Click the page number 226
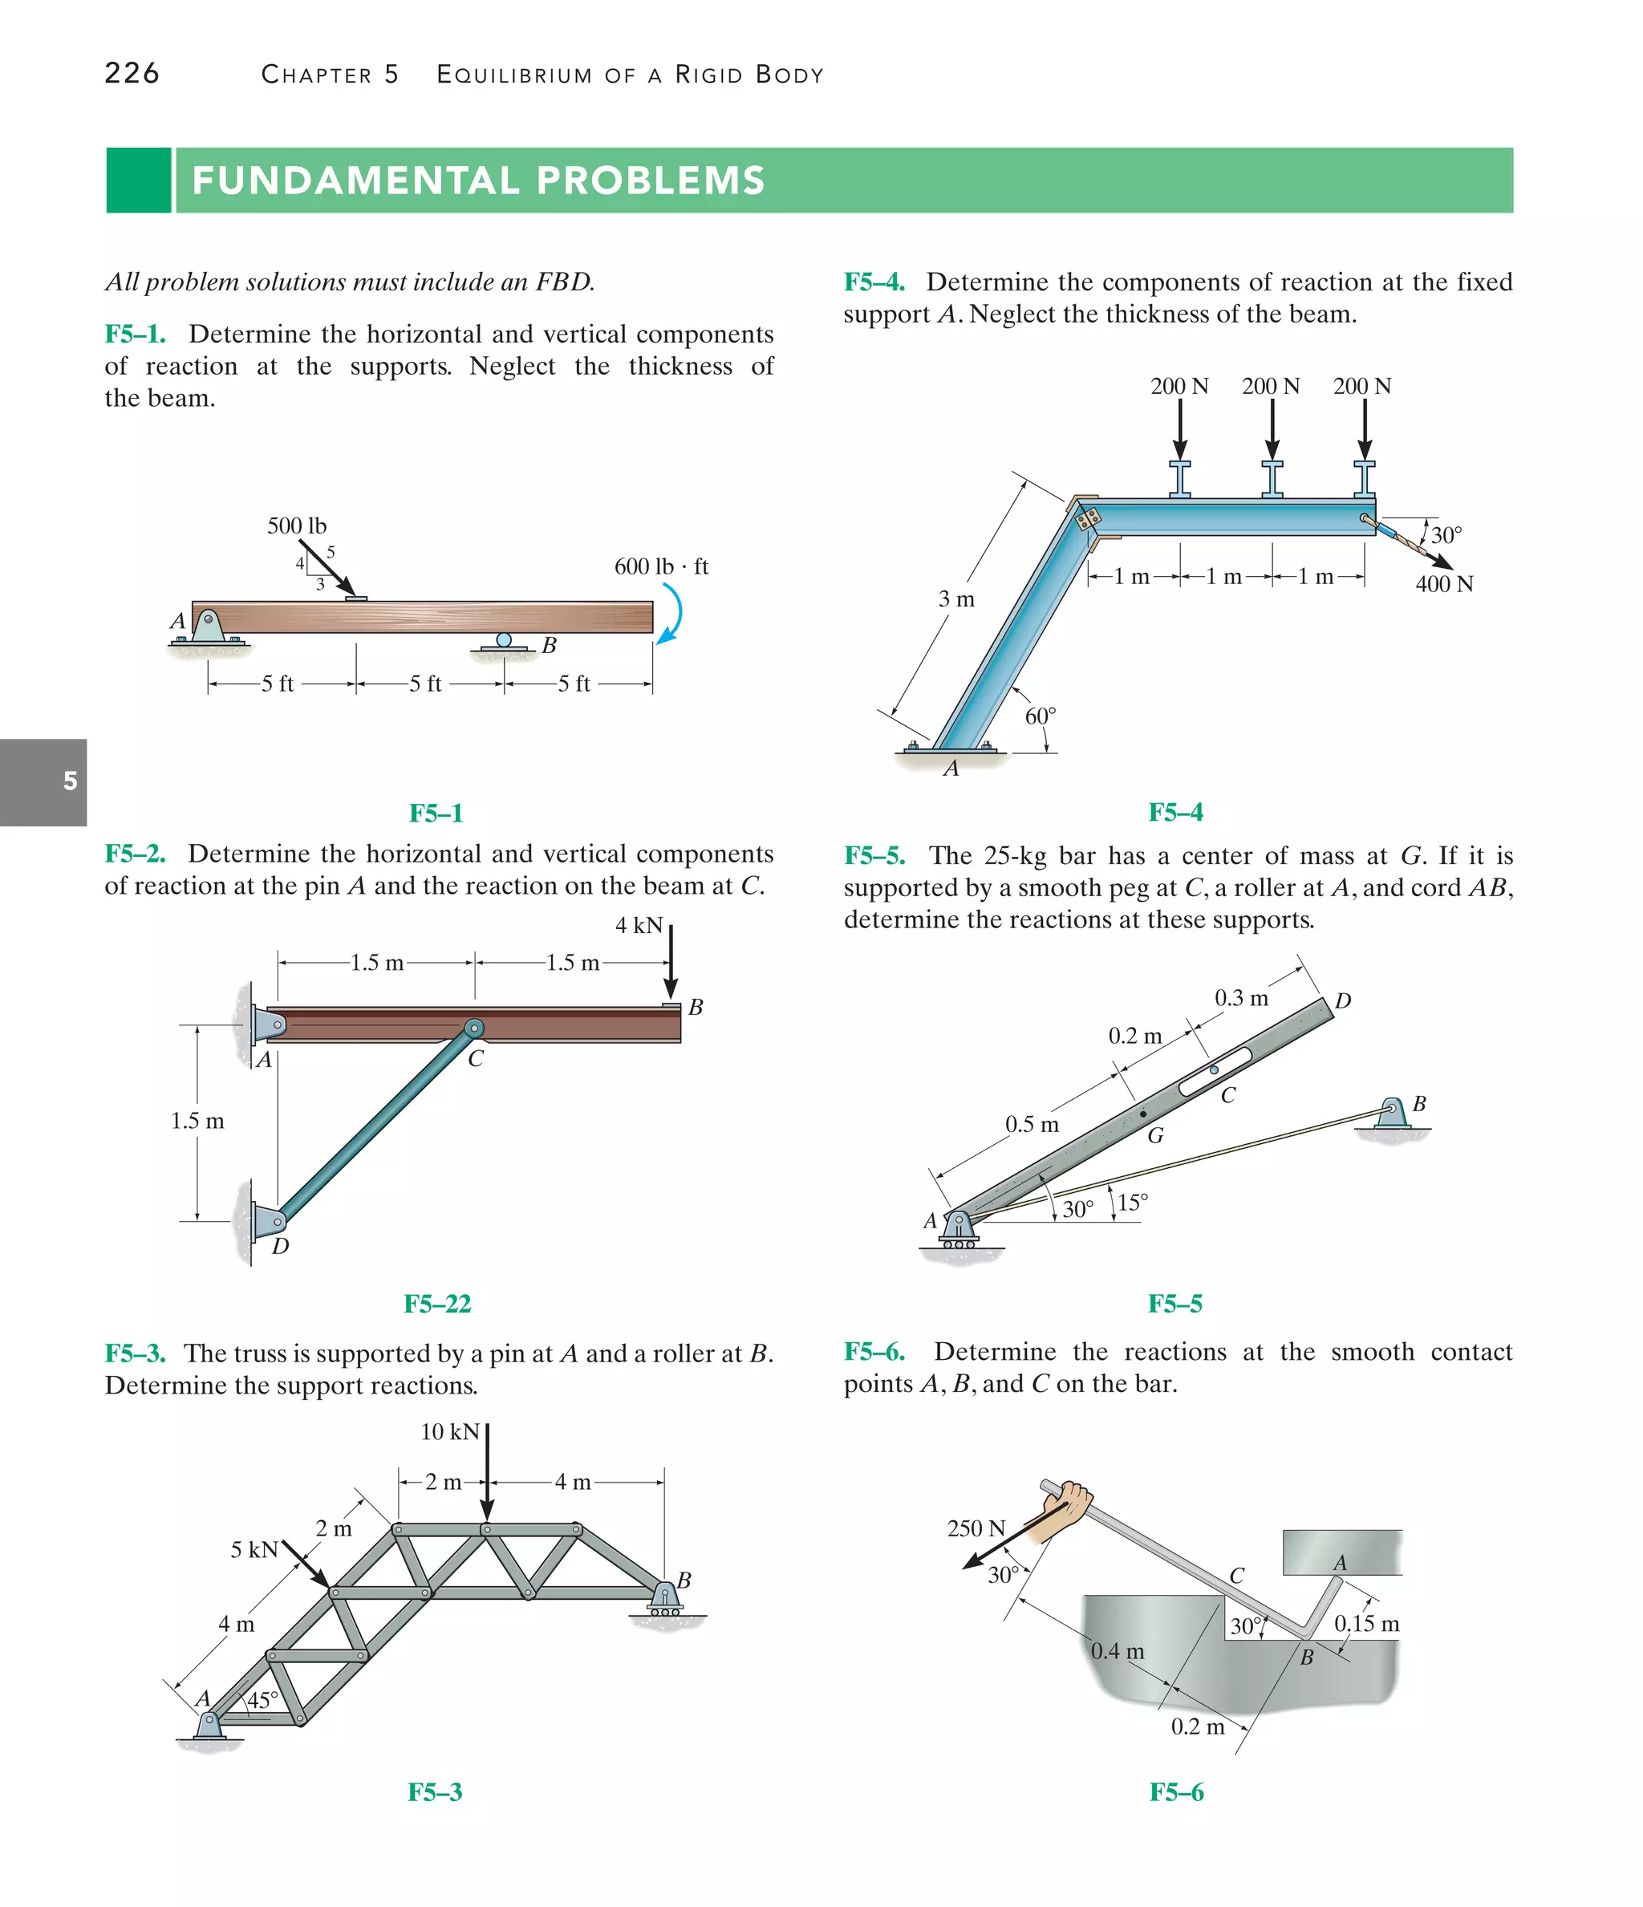tap(132, 74)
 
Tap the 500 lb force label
tap(296, 525)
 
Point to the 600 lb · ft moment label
tap(661, 567)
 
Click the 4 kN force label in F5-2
tap(638, 925)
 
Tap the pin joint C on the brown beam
tap(473, 1028)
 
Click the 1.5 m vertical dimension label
tap(197, 1121)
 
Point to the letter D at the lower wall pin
tap(281, 1246)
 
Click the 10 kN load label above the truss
tap(449, 1432)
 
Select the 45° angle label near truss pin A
tap(262, 1700)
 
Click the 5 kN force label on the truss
tap(254, 1550)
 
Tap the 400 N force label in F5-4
tap(1443, 584)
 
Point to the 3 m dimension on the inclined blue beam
tap(955, 600)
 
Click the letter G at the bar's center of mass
tap(1155, 1136)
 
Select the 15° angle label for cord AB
tap(1132, 1203)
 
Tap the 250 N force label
tap(976, 1529)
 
